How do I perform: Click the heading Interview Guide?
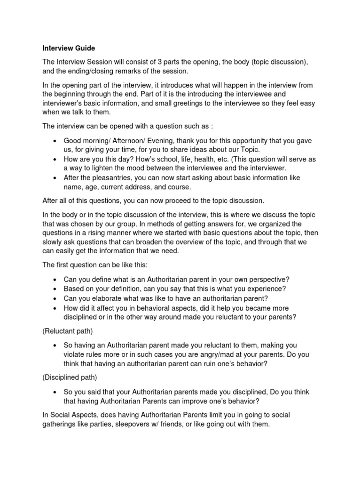[x=69, y=48]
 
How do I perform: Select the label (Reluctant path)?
[x=68, y=331]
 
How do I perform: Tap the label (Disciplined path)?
[x=70, y=378]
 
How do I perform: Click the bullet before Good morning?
[x=56, y=142]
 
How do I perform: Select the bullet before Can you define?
[x=56, y=280]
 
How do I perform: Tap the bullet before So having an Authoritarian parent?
[x=56, y=346]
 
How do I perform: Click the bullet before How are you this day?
[x=56, y=160]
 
